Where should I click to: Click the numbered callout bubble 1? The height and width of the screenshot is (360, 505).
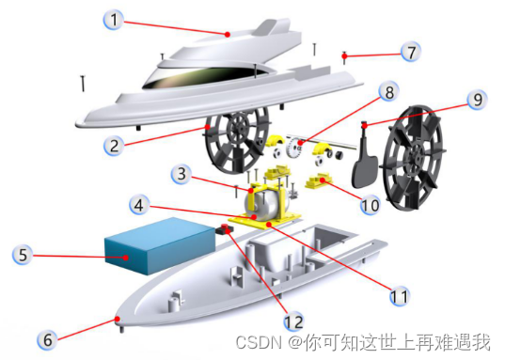(x=113, y=20)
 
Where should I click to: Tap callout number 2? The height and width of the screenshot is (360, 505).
(x=114, y=146)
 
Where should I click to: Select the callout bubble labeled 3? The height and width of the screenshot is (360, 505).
(x=181, y=174)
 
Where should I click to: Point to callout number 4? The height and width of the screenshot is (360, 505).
(x=139, y=205)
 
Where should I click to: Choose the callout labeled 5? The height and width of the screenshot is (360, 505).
(x=23, y=255)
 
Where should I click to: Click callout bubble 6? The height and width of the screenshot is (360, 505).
(x=47, y=339)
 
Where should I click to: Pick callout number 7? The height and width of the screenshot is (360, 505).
(x=411, y=52)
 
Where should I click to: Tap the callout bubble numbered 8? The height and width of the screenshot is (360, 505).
(x=389, y=92)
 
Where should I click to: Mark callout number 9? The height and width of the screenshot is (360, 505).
(x=477, y=100)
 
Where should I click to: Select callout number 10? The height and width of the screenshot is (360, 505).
(x=371, y=205)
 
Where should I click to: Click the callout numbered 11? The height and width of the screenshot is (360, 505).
(x=400, y=296)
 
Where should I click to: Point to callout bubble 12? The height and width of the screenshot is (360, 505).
(x=294, y=321)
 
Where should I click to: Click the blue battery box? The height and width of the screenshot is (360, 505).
(x=160, y=245)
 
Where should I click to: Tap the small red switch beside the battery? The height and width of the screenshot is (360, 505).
(x=225, y=229)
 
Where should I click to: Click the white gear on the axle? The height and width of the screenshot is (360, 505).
(x=294, y=148)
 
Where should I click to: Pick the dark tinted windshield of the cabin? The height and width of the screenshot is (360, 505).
(x=206, y=77)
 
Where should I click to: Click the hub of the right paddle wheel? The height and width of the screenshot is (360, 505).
(x=417, y=154)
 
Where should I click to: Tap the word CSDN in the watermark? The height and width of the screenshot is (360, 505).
(x=259, y=342)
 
